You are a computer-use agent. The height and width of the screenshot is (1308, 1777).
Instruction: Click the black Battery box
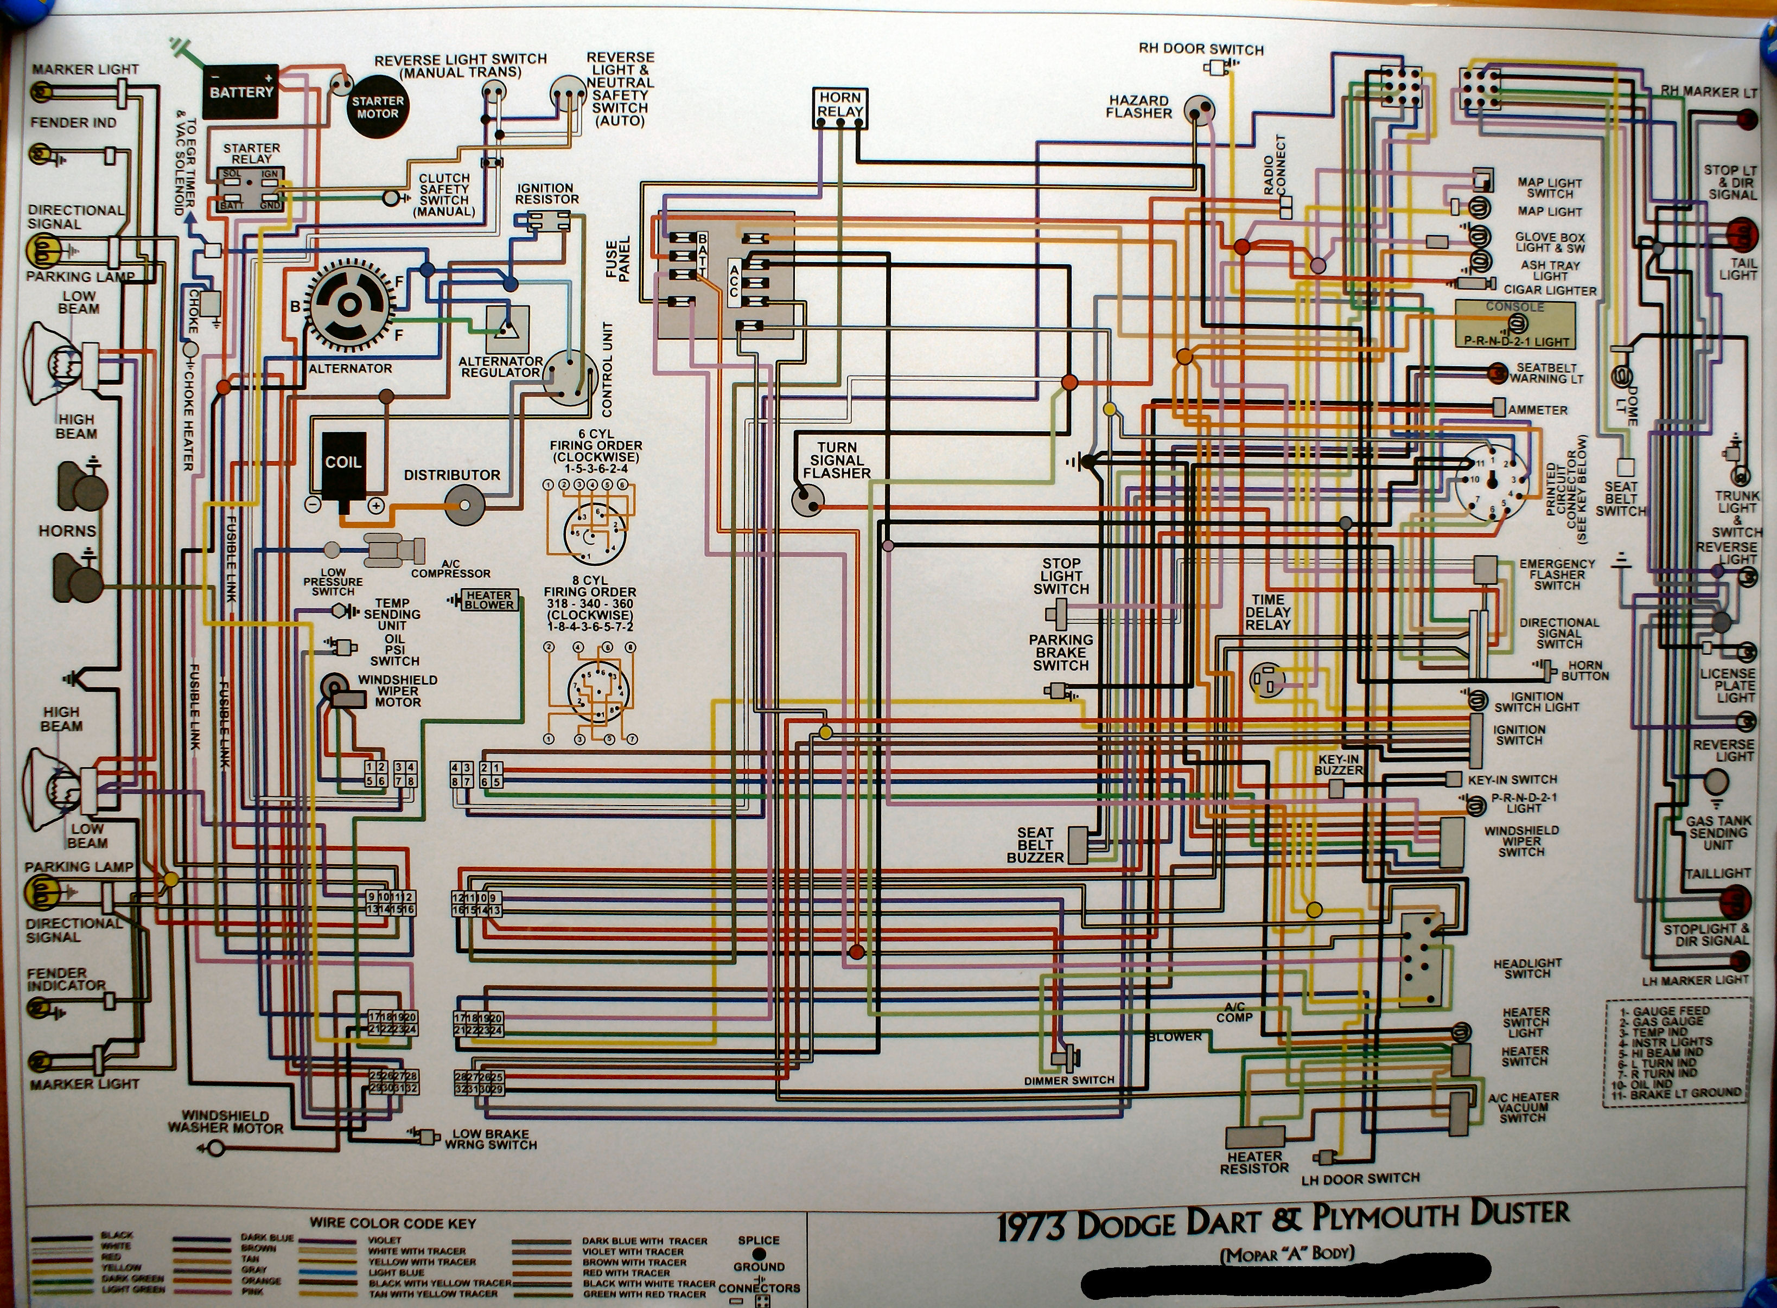pos(241,92)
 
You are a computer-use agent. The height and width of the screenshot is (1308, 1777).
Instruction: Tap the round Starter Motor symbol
pos(378,107)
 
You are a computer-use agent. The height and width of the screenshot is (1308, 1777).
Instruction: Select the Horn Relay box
pos(840,107)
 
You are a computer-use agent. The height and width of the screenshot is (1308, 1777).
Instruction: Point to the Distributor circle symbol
pos(463,503)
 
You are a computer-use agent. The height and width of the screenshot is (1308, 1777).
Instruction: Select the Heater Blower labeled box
pos(488,599)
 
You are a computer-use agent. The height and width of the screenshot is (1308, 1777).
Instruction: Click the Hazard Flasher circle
pos(1199,110)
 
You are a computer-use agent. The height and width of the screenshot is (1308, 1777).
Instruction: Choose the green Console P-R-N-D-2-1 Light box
pos(1514,324)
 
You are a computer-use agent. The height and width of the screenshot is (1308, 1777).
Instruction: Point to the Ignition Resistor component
pos(548,221)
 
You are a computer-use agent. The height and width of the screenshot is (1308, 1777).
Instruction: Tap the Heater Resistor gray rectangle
pos(1255,1137)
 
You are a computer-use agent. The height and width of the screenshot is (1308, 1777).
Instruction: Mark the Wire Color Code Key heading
pos(393,1223)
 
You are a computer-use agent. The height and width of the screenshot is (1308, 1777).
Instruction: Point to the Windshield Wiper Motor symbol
pos(342,692)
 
